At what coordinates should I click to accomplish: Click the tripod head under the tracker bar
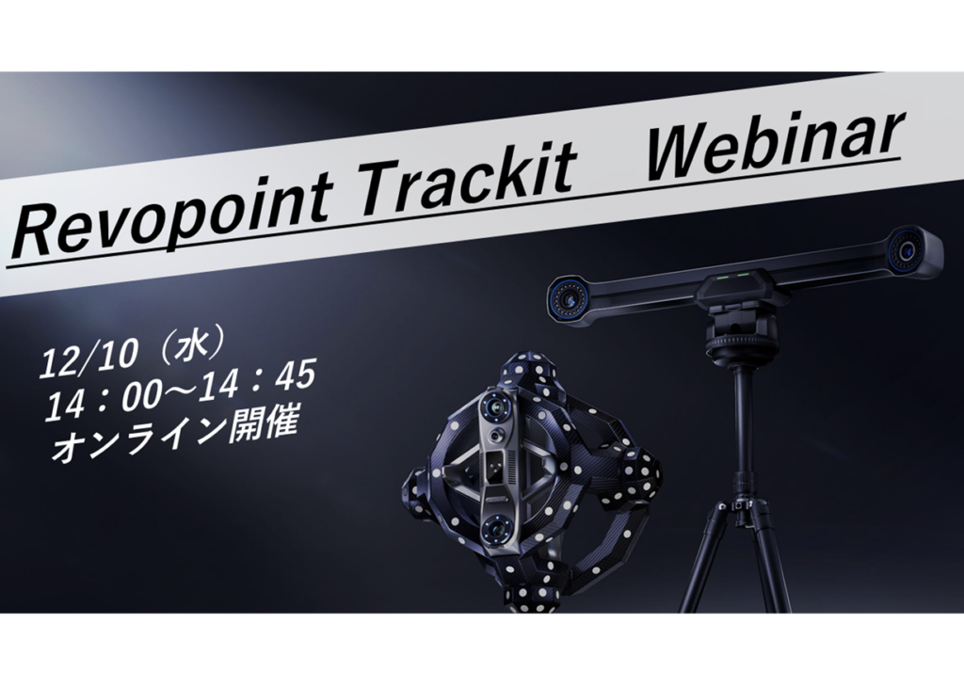[x=739, y=329]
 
